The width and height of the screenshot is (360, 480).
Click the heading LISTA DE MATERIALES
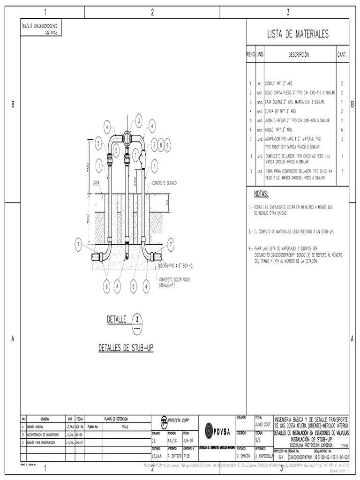click(x=298, y=34)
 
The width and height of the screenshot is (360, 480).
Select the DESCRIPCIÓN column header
click(x=299, y=55)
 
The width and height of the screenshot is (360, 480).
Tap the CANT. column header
click(x=342, y=55)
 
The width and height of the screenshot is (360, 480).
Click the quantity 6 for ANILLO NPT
click(x=342, y=129)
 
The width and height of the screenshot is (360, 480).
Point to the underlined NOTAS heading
click(x=261, y=193)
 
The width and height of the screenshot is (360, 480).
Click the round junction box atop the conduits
click(x=127, y=138)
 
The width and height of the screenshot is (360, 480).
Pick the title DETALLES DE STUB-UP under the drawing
click(x=126, y=348)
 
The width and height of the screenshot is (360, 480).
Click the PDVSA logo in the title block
click(x=215, y=430)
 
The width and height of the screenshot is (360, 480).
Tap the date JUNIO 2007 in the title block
click(x=262, y=423)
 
